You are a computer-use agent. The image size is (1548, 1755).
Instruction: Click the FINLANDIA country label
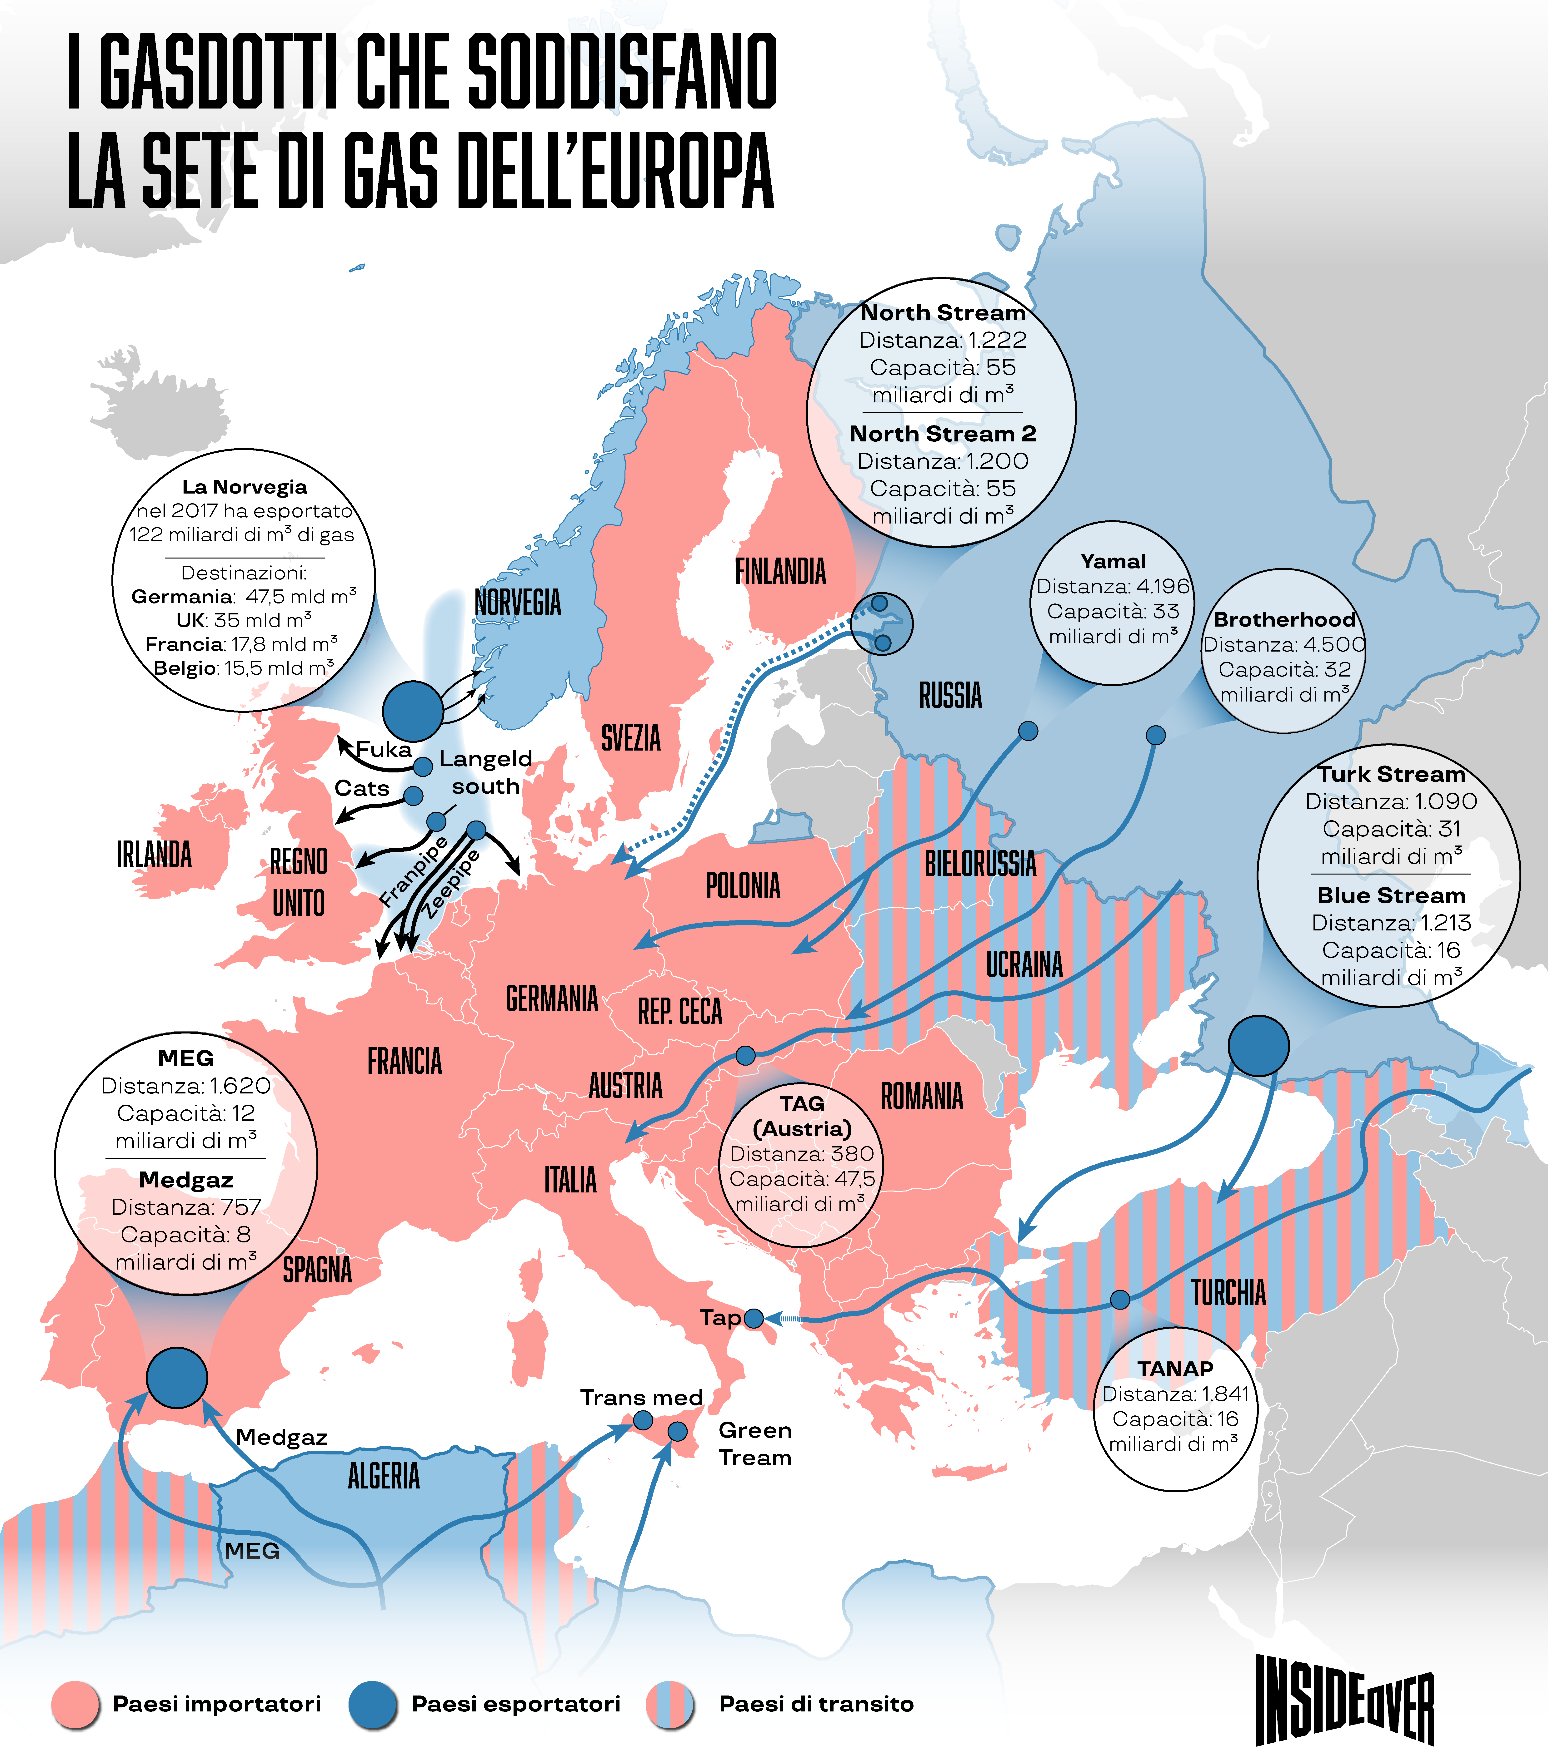(780, 572)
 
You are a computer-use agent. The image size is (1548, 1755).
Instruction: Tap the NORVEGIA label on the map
(518, 603)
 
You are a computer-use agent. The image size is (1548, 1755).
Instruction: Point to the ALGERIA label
(384, 1476)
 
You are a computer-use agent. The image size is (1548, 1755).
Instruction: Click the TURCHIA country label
(1228, 1292)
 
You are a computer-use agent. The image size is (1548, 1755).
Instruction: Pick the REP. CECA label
(679, 1011)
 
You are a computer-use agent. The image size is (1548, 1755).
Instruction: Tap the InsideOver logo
(1344, 1700)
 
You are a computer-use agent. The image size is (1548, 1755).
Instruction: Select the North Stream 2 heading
(942, 434)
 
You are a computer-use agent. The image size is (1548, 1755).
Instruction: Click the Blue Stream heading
(1391, 895)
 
